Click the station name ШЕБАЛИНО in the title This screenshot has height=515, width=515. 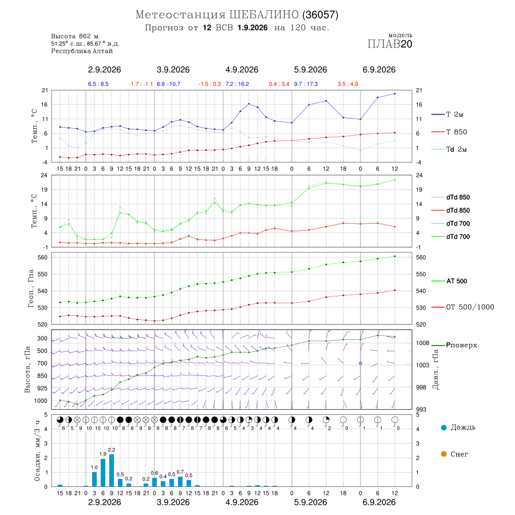(x=264, y=15)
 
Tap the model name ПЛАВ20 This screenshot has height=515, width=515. (x=390, y=44)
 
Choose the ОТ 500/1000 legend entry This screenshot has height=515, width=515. (x=463, y=307)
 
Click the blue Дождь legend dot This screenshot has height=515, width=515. (x=443, y=427)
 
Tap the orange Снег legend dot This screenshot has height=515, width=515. (x=443, y=454)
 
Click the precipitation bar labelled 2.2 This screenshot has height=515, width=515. (x=112, y=470)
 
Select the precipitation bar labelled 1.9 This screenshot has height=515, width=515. (x=103, y=473)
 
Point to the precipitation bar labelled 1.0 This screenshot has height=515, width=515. (x=94, y=479)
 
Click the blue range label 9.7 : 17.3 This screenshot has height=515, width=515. (x=306, y=84)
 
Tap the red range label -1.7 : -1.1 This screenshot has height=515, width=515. (x=141, y=84)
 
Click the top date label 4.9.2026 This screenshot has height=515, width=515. (x=241, y=70)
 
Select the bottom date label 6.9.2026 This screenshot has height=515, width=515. (x=379, y=502)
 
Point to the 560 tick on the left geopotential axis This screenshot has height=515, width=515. (x=43, y=257)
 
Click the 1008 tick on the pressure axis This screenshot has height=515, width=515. (x=423, y=343)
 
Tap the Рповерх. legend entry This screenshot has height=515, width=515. (x=455, y=345)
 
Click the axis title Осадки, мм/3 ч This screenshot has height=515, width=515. (x=37, y=451)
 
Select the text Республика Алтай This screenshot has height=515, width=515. (x=82, y=51)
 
